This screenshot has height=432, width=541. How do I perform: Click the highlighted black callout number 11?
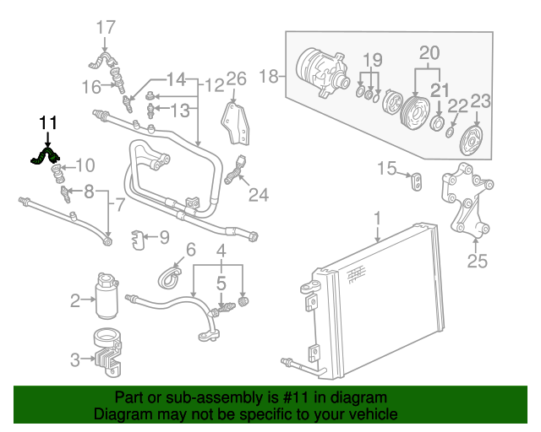pyautogui.click(x=47, y=123)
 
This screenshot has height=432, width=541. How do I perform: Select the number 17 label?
pyautogui.click(x=105, y=28)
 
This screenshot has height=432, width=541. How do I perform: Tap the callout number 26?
pyautogui.click(x=236, y=79)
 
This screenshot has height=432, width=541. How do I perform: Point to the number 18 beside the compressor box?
pyautogui.click(x=268, y=78)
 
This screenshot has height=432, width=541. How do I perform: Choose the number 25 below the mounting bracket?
pyautogui.click(x=478, y=262)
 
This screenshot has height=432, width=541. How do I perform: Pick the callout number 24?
pyautogui.click(x=258, y=195)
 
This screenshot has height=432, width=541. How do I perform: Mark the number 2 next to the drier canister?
pyautogui.click(x=75, y=300)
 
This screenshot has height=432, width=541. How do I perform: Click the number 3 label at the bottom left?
pyautogui.click(x=75, y=360)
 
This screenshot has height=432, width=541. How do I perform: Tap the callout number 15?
pyautogui.click(x=385, y=170)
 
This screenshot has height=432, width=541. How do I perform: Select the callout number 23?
pyautogui.click(x=480, y=101)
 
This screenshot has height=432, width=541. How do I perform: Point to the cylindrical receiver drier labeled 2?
pyautogui.click(x=108, y=292)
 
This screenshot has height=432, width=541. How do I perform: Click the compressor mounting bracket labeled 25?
pyautogui.click(x=463, y=200)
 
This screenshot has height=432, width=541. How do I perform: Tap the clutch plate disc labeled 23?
pyautogui.click(x=469, y=139)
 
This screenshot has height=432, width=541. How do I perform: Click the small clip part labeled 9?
pyautogui.click(x=139, y=241)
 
